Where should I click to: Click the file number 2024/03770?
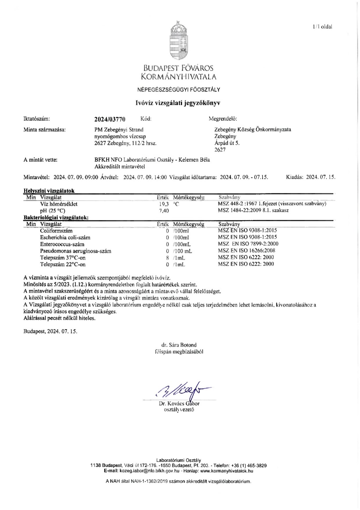click(110, 119)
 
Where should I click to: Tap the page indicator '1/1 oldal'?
click(323, 27)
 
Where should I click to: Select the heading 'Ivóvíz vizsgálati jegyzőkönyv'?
click(178, 103)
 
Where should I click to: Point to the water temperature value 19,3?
click(164, 204)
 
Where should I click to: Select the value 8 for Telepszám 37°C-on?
click(167, 258)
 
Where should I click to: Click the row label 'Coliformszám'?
click(56, 231)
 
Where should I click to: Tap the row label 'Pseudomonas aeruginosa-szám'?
click(76, 251)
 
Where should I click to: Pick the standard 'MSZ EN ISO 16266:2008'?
click(246, 250)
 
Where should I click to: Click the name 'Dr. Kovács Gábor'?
click(179, 404)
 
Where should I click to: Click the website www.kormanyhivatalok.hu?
click(227, 471)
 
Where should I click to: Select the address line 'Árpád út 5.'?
click(227, 143)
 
